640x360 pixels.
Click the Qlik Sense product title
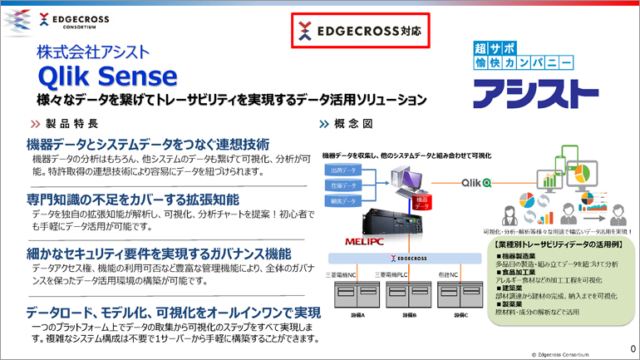107,76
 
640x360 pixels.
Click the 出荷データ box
342,170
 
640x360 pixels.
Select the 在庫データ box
342,185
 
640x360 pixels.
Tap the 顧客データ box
342,201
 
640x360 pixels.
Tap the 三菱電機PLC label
402,274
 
